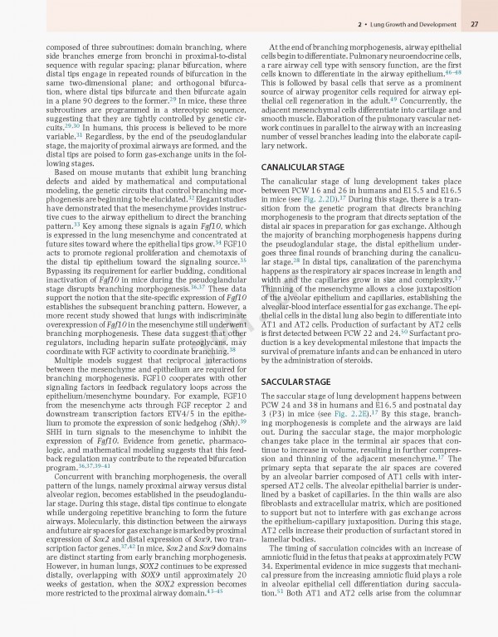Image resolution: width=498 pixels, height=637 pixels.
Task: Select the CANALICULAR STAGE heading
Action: point(302,167)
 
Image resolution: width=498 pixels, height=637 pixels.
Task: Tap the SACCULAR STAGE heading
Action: point(295,381)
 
